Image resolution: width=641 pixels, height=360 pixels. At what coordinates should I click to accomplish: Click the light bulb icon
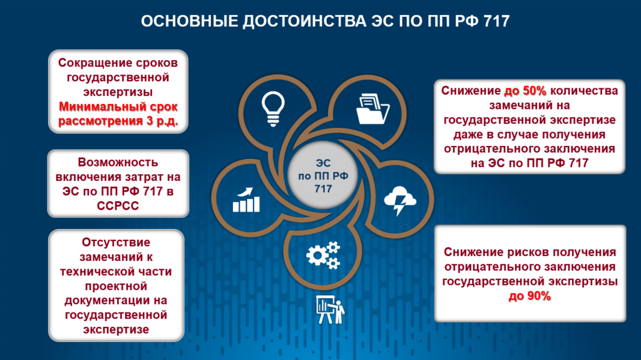point(273,109)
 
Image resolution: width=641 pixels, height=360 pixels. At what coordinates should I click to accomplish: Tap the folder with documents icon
point(372,109)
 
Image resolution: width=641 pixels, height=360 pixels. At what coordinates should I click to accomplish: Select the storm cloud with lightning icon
point(400,200)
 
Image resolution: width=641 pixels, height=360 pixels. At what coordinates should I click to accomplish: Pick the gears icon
point(324,255)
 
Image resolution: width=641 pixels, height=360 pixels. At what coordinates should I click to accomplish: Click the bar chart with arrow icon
point(246,200)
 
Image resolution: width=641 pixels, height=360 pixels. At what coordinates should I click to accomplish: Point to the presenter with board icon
point(331,310)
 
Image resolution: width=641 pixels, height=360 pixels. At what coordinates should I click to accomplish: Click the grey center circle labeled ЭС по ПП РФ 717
point(323,175)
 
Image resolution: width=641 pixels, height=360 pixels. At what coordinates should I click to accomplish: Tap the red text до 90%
point(530,296)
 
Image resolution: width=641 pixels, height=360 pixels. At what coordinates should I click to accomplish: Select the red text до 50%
point(525,91)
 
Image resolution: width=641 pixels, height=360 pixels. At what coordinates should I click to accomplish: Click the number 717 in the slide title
point(496,21)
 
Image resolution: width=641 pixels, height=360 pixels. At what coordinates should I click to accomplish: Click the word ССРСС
point(118,206)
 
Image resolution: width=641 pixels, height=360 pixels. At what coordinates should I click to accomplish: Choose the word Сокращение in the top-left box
point(90,63)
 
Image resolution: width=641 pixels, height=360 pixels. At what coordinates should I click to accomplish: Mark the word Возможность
point(118,162)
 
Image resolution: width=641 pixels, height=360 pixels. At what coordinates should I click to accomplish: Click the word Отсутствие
point(116,242)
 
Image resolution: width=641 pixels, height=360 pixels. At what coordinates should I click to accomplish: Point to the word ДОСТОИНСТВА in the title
point(304,21)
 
